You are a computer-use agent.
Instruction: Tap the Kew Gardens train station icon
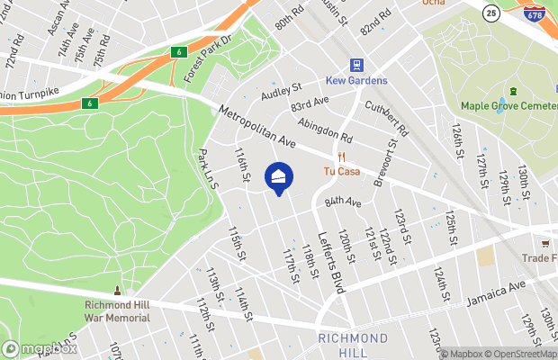[x=357, y=65]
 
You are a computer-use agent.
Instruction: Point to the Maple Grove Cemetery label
[x=508, y=106]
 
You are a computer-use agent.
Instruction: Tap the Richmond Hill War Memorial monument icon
[x=117, y=292]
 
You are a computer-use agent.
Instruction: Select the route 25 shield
[x=491, y=13]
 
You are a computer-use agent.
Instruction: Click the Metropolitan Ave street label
[x=261, y=129]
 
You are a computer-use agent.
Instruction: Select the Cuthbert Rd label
[x=387, y=118]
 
